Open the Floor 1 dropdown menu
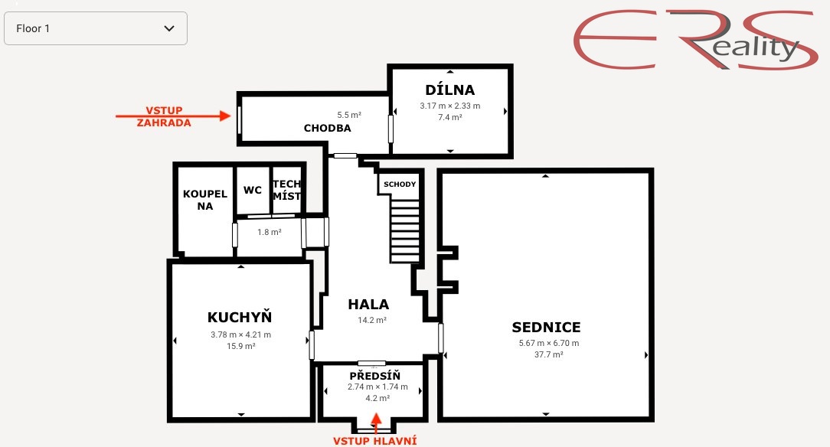[96, 28]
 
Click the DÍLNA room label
[449, 90]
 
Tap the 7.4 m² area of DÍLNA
[449, 117]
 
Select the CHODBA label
[327, 128]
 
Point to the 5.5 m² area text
[348, 115]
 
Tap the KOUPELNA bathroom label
[204, 200]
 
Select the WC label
[253, 190]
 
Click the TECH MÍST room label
[287, 190]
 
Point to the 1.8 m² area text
[269, 232]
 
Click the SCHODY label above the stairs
[400, 184]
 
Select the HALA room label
[368, 304]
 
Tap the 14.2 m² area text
[371, 320]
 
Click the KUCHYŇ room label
[240, 317]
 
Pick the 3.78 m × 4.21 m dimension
[240, 334]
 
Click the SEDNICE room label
[546, 328]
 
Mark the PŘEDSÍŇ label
[374, 376]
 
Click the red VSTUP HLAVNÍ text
[374, 440]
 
